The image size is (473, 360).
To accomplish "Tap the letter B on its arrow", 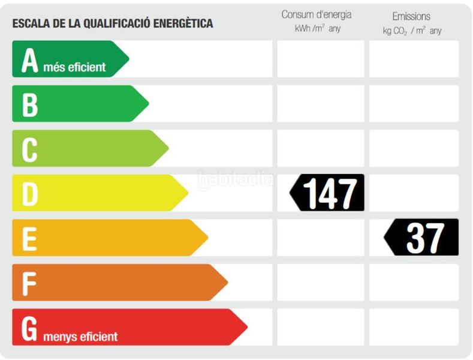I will point(30,104).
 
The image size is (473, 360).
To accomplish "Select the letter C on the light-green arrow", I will point(30,149).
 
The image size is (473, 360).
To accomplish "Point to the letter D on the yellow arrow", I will point(30,193).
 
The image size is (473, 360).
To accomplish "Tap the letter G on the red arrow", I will point(30,328).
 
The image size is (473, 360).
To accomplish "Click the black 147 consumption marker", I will point(327,193).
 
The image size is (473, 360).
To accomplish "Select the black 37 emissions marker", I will point(422,238).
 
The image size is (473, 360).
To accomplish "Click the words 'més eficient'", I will point(74,67).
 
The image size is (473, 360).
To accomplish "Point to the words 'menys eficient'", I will point(80,336).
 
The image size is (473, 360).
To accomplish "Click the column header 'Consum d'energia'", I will point(317,14).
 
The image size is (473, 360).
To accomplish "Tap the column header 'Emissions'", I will point(411,16).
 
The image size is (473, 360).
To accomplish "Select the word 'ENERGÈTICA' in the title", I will point(182,24).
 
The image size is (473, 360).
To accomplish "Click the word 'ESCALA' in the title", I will point(30,24).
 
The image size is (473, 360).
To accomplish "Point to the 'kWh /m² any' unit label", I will point(317,29).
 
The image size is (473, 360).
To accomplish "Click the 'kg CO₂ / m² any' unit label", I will point(412,31).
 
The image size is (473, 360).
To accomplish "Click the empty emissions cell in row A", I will point(414,59).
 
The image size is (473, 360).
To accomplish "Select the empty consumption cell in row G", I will point(320,327).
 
